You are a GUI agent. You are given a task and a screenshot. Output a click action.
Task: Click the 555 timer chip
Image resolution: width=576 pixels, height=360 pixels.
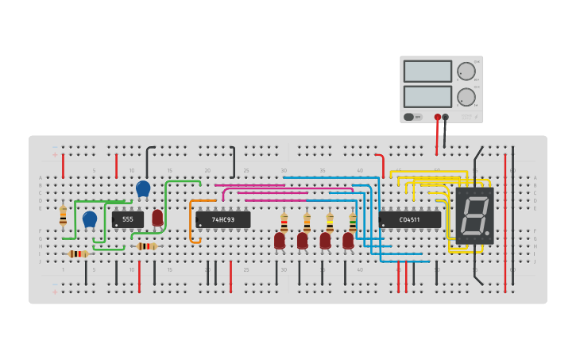point(127,219)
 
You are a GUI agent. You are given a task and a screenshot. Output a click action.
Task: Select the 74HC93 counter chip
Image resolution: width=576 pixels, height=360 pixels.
point(223,219)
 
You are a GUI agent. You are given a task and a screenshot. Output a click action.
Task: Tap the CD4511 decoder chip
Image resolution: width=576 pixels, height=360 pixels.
point(409,219)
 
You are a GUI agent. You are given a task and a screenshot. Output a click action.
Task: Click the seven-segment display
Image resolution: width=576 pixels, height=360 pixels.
point(474,215)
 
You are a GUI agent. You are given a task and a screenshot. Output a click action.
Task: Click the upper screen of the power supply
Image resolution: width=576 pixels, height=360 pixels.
point(427,72)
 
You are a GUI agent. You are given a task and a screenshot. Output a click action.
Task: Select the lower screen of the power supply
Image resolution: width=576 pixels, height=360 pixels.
point(427,97)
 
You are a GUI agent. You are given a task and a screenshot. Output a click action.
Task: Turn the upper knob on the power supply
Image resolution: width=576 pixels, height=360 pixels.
point(466,71)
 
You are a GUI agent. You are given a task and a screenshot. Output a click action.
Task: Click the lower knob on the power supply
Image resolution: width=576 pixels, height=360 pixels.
point(466,97)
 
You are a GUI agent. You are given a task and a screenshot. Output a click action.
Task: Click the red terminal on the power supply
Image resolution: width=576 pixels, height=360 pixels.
point(437,117)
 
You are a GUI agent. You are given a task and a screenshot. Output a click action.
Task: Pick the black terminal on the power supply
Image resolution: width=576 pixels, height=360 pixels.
point(445,117)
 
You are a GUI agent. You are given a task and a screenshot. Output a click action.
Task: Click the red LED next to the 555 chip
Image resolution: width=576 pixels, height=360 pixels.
point(157,218)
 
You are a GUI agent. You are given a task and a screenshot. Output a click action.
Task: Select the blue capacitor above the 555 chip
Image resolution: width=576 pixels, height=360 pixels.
point(143,188)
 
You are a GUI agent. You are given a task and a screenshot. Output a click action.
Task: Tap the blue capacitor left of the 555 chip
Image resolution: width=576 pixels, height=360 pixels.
point(90,219)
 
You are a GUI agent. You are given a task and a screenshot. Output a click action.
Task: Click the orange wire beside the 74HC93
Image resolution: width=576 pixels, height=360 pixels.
point(191,223)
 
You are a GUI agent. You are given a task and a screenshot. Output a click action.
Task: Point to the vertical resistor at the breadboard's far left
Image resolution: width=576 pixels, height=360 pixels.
point(63,215)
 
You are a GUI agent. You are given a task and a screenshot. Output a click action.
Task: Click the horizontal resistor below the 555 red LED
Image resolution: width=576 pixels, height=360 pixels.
point(147,246)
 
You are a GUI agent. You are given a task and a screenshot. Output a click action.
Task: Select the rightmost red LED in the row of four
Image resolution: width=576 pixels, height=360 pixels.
point(348,239)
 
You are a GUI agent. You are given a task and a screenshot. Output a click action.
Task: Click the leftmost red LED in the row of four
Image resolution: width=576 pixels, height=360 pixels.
point(280,239)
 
